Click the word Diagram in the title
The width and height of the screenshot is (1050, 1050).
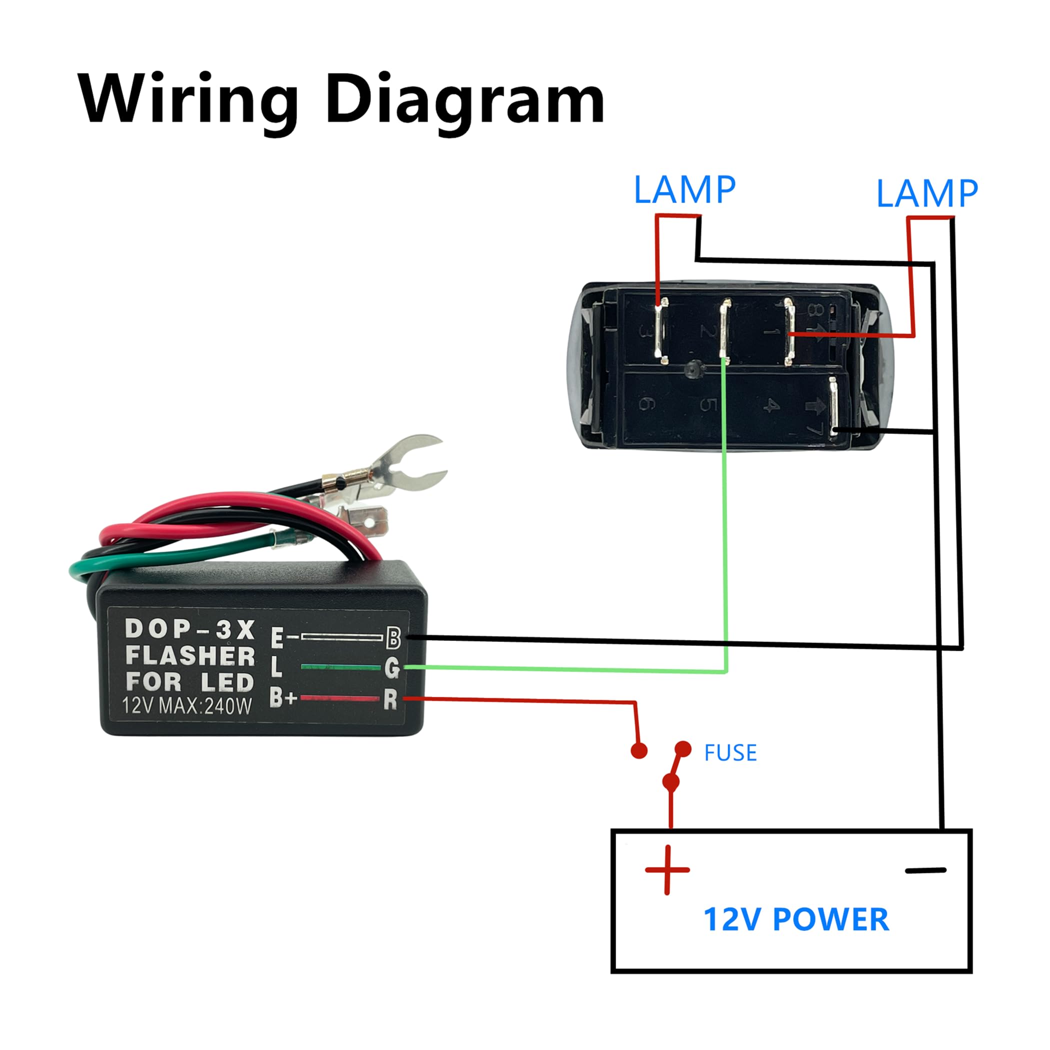click(464, 100)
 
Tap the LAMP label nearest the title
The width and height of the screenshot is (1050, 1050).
click(685, 190)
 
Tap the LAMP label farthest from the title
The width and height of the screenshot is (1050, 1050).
click(927, 194)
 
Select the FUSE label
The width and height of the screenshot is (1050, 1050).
click(730, 752)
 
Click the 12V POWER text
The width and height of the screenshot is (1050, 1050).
click(796, 919)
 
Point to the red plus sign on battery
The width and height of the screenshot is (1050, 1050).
click(667, 869)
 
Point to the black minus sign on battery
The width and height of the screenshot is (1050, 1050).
click(925, 870)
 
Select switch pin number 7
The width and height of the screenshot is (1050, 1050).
click(833, 407)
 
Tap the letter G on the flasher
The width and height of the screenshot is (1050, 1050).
click(392, 668)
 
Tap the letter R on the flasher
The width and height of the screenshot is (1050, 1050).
click(390, 700)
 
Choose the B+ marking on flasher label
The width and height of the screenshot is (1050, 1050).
click(282, 698)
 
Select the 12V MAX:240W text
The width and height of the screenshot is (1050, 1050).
click(187, 706)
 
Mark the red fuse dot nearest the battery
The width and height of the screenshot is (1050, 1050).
click(671, 782)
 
